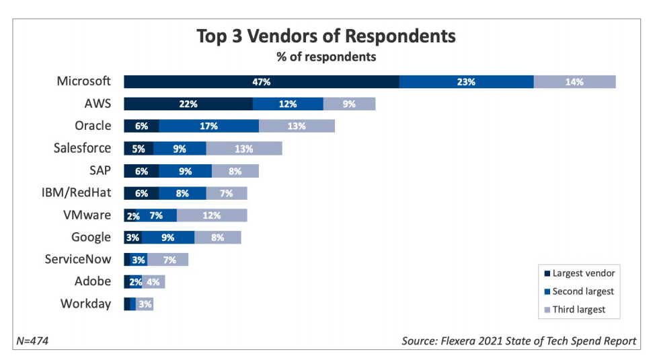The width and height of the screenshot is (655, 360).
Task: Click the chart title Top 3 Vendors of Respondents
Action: (x=326, y=36)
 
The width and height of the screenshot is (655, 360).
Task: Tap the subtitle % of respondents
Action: (x=326, y=57)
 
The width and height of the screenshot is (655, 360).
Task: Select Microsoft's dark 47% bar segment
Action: (x=261, y=82)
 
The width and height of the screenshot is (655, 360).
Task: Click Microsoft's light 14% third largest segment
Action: (x=574, y=82)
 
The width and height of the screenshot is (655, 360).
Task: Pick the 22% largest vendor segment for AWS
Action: (x=188, y=104)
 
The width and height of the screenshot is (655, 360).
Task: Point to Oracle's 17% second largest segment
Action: (x=208, y=126)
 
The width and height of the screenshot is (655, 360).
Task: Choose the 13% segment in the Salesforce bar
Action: (x=244, y=149)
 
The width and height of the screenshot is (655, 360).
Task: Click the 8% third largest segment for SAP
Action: (x=235, y=171)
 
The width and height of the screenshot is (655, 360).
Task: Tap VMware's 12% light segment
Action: (x=212, y=215)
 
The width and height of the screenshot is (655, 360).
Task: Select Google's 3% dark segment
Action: (x=132, y=238)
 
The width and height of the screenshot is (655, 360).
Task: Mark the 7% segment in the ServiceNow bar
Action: (x=168, y=260)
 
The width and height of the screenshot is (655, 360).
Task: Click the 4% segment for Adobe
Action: (x=153, y=282)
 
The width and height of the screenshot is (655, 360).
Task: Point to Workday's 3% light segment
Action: (x=145, y=304)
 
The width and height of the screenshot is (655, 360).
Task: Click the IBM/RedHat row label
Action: (x=76, y=193)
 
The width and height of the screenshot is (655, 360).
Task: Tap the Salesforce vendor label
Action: (x=82, y=149)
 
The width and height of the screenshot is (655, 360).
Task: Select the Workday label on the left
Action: (x=85, y=304)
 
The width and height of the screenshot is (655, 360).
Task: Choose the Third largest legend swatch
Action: (x=547, y=310)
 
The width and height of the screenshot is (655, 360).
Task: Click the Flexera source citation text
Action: (x=518, y=341)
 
